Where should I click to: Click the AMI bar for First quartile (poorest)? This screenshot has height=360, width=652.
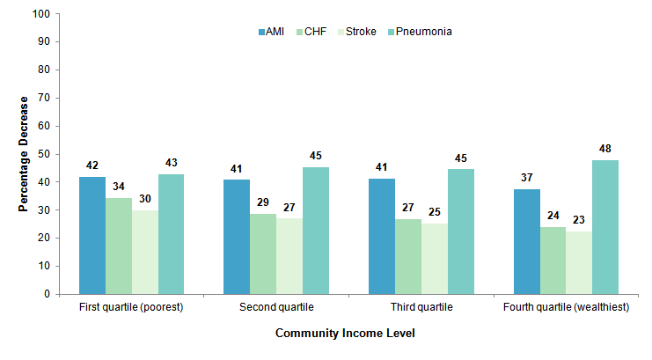coord(92,235)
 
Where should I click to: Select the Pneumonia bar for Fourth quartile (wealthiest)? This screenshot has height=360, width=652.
coord(605,227)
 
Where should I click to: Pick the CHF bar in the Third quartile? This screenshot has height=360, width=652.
coord(407,256)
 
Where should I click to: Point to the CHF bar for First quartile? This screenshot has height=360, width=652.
coord(118,246)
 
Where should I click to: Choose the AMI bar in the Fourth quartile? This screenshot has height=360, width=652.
coord(526,241)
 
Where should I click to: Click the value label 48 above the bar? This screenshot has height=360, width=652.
coord(605,149)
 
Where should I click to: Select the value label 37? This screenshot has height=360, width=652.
coord(526,178)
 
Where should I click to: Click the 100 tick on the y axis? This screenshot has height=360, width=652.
coord(40,14)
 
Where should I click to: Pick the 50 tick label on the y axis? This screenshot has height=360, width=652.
coord(42,154)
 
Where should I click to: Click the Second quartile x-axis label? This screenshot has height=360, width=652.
coord(276,308)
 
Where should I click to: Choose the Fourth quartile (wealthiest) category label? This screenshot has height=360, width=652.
coord(566,308)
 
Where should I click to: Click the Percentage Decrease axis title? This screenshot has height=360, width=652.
coord(24,155)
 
